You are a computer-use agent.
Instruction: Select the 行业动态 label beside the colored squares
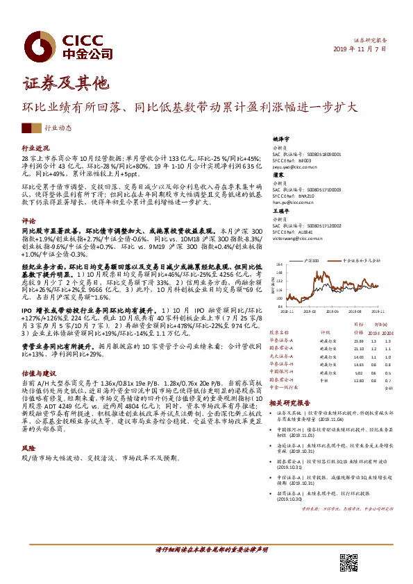coord(58,128)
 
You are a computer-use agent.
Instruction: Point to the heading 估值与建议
coord(38,372)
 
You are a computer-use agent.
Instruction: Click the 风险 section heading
coord(28,449)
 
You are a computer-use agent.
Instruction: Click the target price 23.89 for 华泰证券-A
coord(359,341)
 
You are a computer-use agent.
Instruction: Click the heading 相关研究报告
coord(288,402)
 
